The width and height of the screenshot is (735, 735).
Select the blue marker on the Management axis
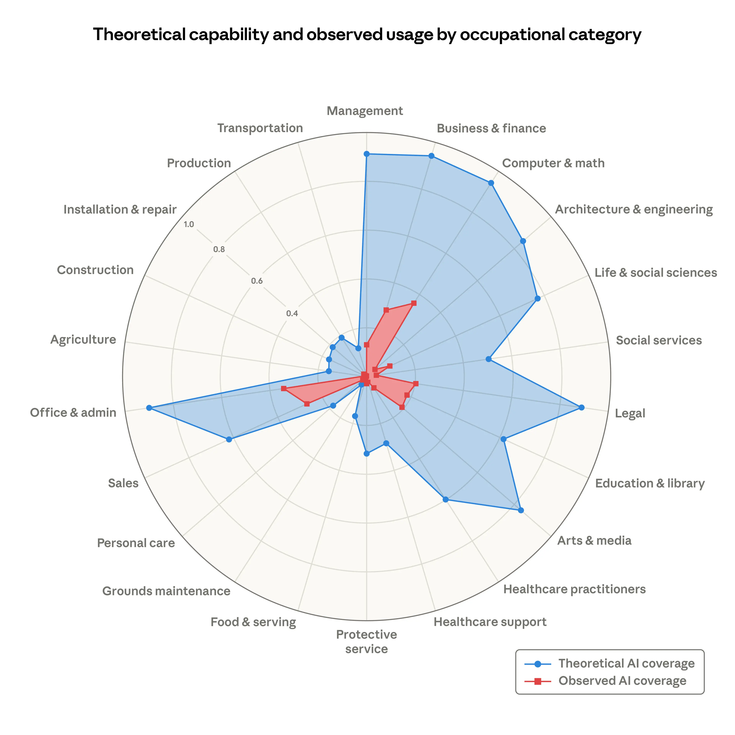[366, 154]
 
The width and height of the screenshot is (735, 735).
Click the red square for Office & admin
[283, 388]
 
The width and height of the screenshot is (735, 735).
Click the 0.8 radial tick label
[219, 250]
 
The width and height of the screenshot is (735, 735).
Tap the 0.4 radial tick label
[292, 314]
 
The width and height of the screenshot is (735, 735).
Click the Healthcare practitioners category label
[574, 589]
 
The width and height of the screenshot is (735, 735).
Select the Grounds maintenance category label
[166, 591]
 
